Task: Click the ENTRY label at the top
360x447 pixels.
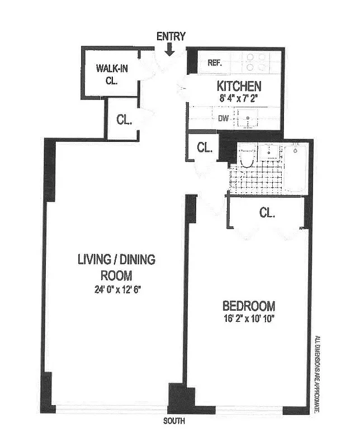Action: (171, 37)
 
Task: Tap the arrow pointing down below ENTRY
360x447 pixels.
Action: (170, 51)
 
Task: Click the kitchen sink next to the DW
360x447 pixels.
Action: (247, 118)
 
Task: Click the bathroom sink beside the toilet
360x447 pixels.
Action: (269, 151)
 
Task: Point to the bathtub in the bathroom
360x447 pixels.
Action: (294, 168)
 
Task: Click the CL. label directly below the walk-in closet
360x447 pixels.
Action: (124, 119)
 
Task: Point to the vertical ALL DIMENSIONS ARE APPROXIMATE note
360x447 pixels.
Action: (318, 374)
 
